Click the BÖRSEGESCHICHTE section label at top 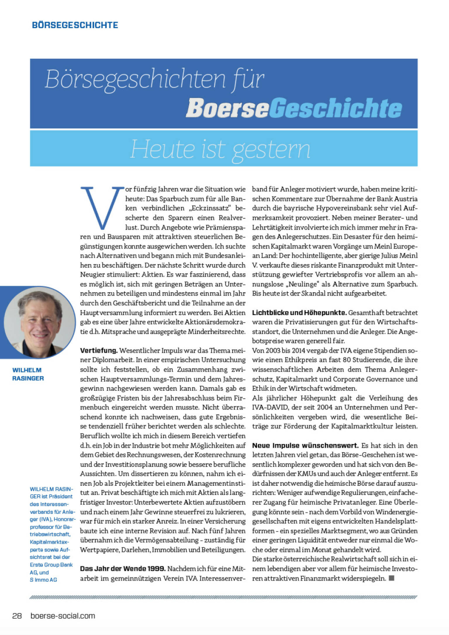coord(75,25)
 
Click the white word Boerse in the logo coord(227,108)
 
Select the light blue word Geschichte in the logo coord(335,108)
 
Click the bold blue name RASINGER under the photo coord(28,378)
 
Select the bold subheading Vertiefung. coord(99,350)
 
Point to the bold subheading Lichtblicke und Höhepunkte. coord(299,313)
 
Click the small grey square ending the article coord(392,578)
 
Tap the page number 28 coord(17,616)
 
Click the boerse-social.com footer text coord(63,616)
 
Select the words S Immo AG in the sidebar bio coord(43,580)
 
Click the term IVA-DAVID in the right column coord(270,407)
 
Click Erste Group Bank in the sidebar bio coord(51,565)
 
